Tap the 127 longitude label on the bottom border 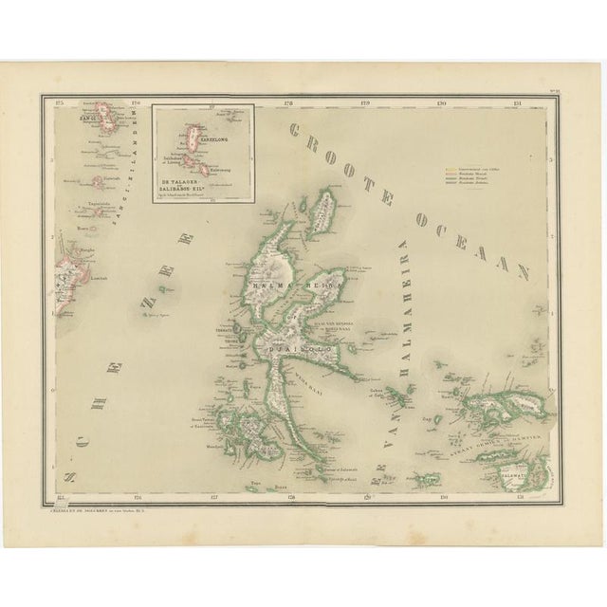214,496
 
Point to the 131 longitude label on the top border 516,101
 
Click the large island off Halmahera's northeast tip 323,212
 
